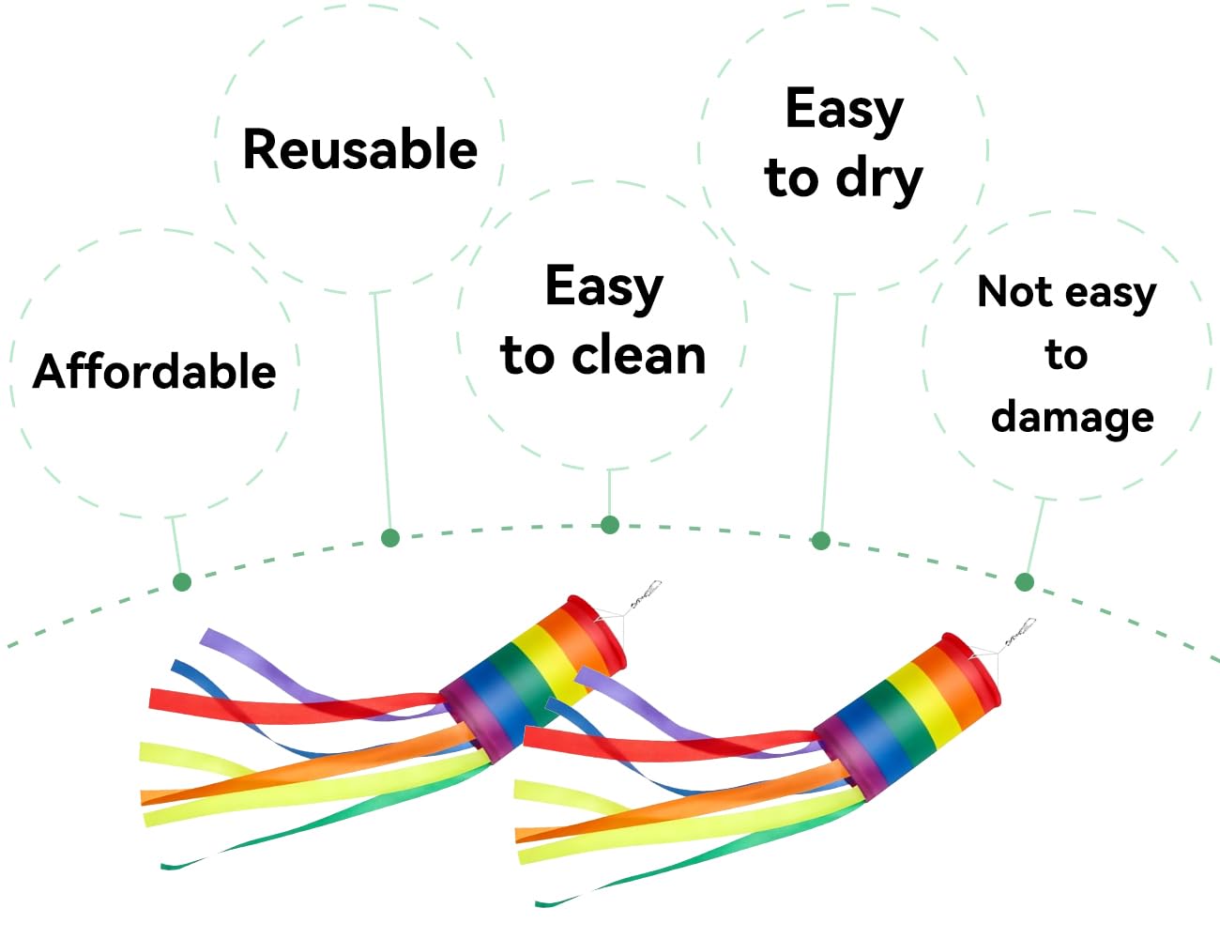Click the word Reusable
pos(359,148)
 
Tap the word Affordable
pos(155,371)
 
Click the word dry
pos(879,178)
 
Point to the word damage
pos(1073,418)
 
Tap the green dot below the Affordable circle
pos(182,582)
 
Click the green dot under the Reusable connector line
pos(390,537)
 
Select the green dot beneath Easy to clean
pos(610,525)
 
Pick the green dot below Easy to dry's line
pos(821,540)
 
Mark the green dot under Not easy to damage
pos(1025,582)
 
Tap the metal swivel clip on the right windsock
pos(1019,632)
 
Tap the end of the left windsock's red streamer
pos(150,698)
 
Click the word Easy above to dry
pos(845,110)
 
